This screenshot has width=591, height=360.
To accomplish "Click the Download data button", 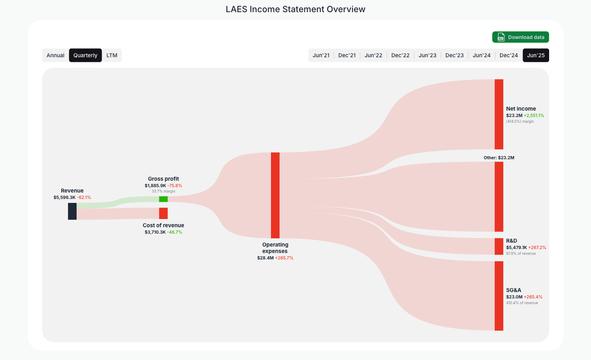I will (x=520, y=37).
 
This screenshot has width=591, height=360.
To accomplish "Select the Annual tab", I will (x=55, y=55).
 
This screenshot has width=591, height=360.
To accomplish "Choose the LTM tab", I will (x=112, y=55).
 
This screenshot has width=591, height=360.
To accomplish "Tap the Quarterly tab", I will (x=85, y=55).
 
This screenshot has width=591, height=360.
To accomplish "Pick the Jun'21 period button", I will (x=321, y=55).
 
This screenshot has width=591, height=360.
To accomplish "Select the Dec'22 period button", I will (x=400, y=55).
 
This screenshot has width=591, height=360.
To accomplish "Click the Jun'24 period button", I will (x=481, y=55).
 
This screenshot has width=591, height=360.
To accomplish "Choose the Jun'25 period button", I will (x=536, y=55).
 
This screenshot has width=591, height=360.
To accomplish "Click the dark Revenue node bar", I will (x=72, y=211).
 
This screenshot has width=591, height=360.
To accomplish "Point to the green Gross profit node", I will (x=163, y=199).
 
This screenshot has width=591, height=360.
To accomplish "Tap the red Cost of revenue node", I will (x=163, y=213).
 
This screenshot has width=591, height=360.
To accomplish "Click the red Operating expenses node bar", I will (x=275, y=195).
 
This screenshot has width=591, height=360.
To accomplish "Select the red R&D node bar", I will (x=499, y=246).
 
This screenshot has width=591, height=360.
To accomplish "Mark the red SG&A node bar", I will (x=499, y=296).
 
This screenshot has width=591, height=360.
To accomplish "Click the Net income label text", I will (x=521, y=109).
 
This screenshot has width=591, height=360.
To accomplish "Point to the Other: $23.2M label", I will (x=499, y=158).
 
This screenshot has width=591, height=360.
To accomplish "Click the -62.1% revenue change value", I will (x=84, y=198).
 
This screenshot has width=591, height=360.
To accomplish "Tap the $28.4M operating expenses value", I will (x=265, y=258).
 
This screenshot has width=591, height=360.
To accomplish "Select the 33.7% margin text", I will (x=163, y=191).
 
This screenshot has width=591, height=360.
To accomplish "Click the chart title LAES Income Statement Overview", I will (x=295, y=9).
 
